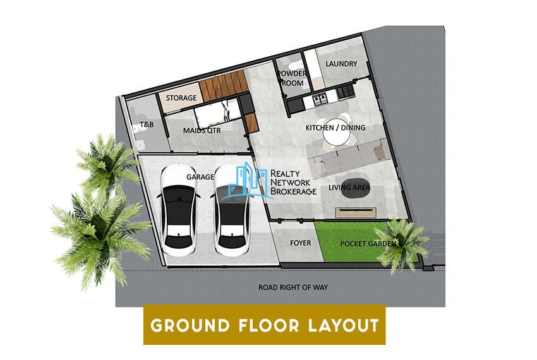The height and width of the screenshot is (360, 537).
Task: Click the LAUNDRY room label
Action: click(x=341, y=64)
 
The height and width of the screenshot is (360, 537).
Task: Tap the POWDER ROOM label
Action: click(x=291, y=78)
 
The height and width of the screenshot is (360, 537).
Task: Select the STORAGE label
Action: click(x=181, y=99)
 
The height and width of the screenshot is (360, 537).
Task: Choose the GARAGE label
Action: click(x=200, y=177)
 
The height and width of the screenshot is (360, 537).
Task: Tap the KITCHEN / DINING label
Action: click(x=335, y=128)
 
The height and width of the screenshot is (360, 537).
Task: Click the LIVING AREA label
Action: click(x=349, y=188)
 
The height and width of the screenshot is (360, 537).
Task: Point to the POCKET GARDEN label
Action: click(x=368, y=243)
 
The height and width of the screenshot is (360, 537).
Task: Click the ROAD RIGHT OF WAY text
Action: click(x=293, y=287)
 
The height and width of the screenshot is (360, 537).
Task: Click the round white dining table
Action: click(x=333, y=134)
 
